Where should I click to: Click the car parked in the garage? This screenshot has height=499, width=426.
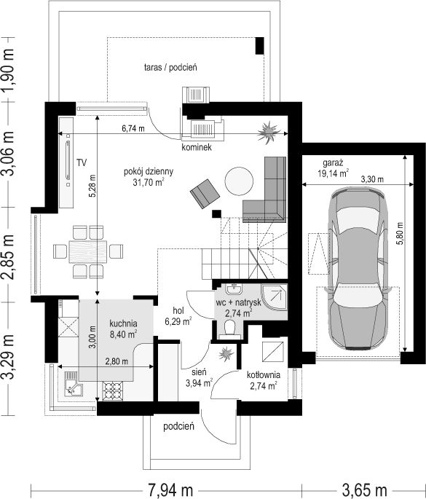tap(358, 269)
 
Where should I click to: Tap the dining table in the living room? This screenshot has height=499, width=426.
tap(88, 251)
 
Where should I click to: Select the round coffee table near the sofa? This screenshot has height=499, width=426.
tap(240, 181)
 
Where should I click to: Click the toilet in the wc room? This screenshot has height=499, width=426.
tap(229, 328)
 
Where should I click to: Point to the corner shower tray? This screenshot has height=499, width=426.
tap(275, 297)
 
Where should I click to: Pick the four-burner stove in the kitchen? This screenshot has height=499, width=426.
tap(112, 391)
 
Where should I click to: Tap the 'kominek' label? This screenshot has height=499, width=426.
tap(197, 147)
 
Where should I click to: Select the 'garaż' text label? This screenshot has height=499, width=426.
tap(333, 163)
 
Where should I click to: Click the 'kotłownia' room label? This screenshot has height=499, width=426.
tap(263, 375)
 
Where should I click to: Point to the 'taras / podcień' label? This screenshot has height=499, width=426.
tap(170, 68)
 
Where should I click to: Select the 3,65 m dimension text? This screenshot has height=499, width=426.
tap(364, 490)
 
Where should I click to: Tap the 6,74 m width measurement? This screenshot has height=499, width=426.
tap(133, 128)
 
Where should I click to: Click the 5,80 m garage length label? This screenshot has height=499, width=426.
tap(400, 233)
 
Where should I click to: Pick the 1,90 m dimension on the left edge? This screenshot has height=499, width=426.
tap(8, 70)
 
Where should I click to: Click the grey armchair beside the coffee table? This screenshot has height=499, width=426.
tap(205, 194)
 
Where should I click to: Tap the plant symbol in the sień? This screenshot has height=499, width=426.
tap(226, 353)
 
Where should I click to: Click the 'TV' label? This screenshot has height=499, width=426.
tap(82, 163)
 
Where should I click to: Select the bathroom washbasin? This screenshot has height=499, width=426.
tap(234, 288)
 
